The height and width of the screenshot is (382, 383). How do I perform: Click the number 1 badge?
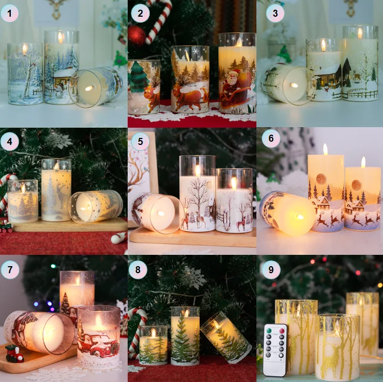(10, 13)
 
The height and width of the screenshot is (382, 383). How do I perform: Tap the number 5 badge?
(140, 141)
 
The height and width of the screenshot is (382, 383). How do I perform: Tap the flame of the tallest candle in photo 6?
(325, 149)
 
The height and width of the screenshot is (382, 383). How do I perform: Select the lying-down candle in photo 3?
(285, 84)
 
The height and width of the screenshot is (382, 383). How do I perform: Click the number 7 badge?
(10, 268)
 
